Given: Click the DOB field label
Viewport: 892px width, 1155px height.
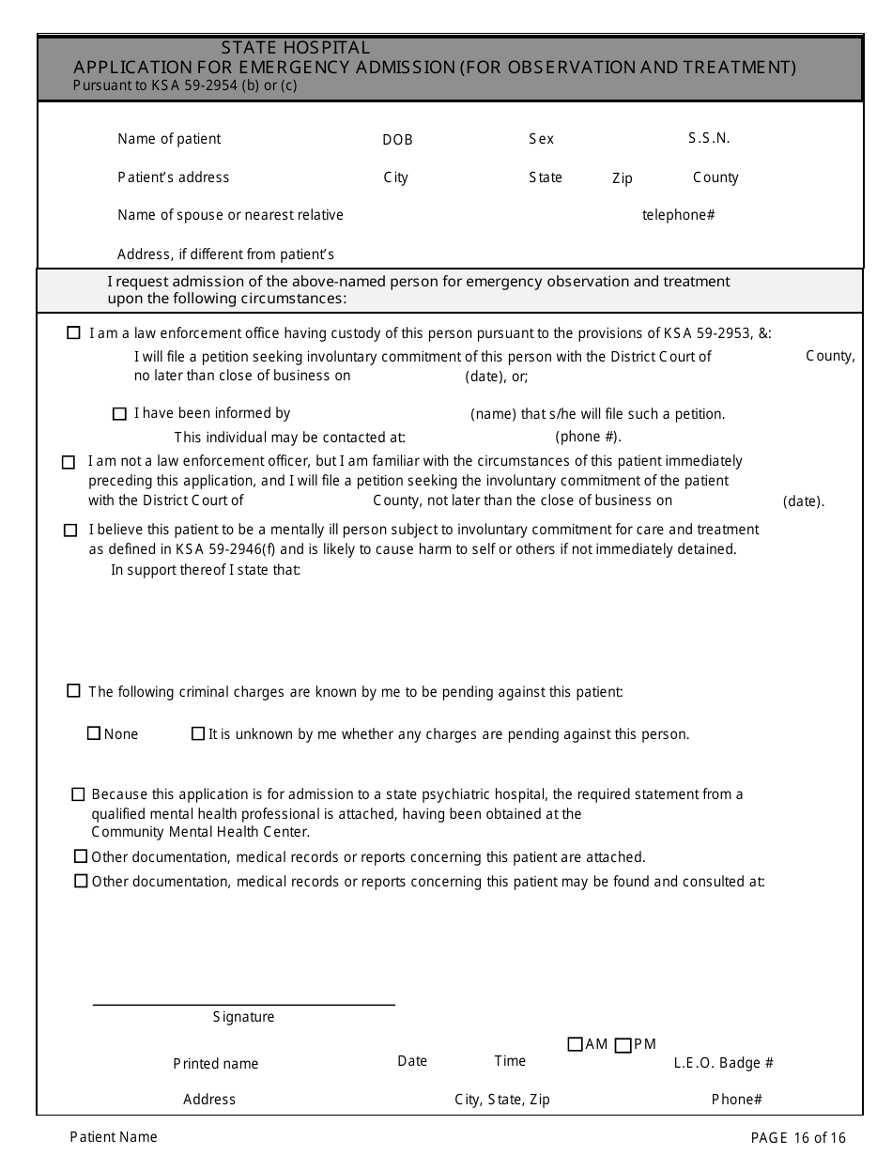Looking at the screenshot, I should [x=397, y=140].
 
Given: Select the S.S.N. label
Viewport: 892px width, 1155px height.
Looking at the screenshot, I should [x=709, y=138].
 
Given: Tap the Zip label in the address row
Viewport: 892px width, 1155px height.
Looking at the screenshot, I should [x=623, y=178].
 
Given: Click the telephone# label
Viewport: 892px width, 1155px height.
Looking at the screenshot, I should [x=678, y=215].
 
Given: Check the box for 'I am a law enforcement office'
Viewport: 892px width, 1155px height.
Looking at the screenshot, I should [x=73, y=332].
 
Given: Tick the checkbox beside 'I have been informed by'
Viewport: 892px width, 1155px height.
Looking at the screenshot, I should [x=119, y=414].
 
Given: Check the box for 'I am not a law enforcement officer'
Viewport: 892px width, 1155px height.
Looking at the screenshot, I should [x=69, y=462].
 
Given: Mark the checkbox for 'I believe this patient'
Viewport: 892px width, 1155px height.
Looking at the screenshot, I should [x=70, y=531].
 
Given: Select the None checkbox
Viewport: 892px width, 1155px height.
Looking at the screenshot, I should [x=94, y=733].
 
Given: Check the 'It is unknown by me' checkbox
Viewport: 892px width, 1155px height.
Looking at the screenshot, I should [x=198, y=733].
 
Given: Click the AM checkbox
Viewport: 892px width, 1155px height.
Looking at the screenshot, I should [x=576, y=1044].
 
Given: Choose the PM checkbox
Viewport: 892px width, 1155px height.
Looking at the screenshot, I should [x=623, y=1045].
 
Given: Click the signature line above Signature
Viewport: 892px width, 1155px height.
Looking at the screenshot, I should [x=243, y=1004].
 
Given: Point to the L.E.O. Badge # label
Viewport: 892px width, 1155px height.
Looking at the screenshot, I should [x=723, y=1063].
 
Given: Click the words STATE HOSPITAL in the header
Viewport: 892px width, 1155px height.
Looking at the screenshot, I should [x=296, y=48].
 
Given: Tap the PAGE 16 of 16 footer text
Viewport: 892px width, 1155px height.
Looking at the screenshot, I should [x=798, y=1137].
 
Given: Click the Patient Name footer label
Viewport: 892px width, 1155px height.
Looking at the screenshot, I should [x=114, y=1137].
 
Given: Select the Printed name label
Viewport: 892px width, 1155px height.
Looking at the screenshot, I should [x=215, y=1064].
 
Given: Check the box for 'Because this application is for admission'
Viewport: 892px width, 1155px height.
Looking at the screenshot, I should [x=78, y=794].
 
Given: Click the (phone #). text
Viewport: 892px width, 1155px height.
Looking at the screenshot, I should [x=588, y=437].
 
